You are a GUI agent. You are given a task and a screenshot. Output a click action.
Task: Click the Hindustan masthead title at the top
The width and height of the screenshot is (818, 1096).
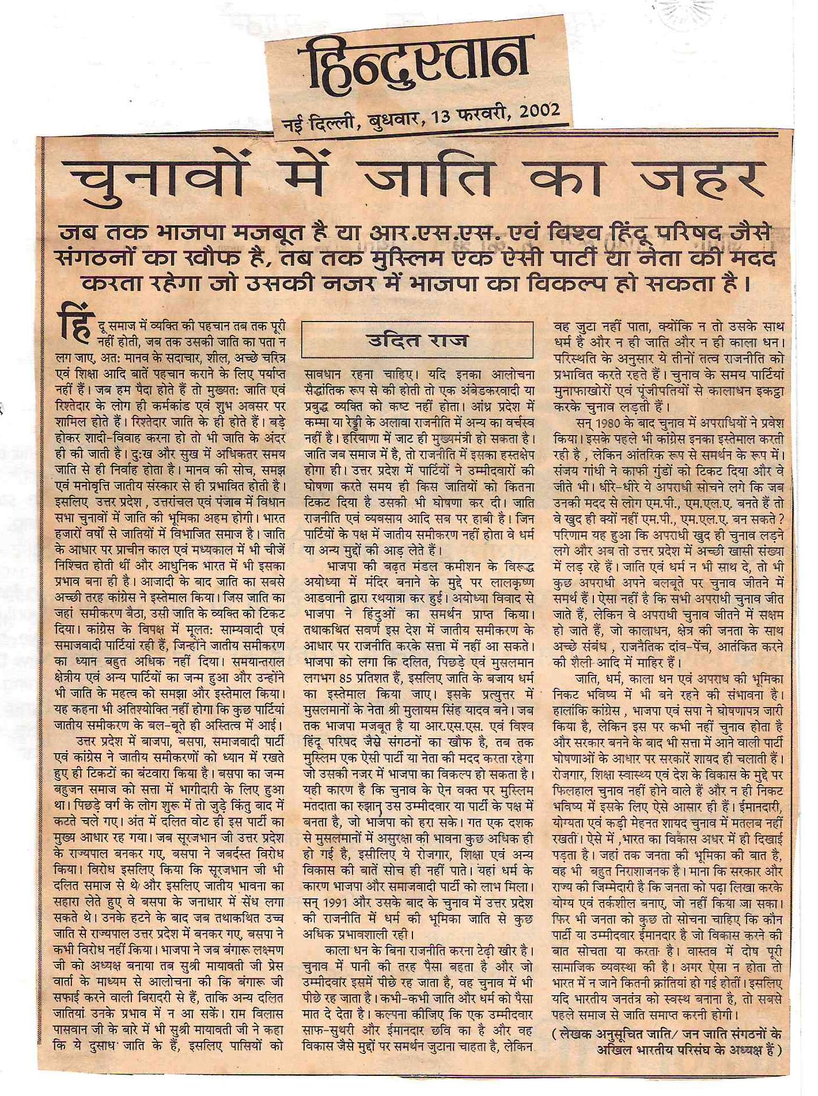tap(413, 62)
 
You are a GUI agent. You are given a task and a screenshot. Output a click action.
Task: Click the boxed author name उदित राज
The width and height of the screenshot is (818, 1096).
tap(418, 340)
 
